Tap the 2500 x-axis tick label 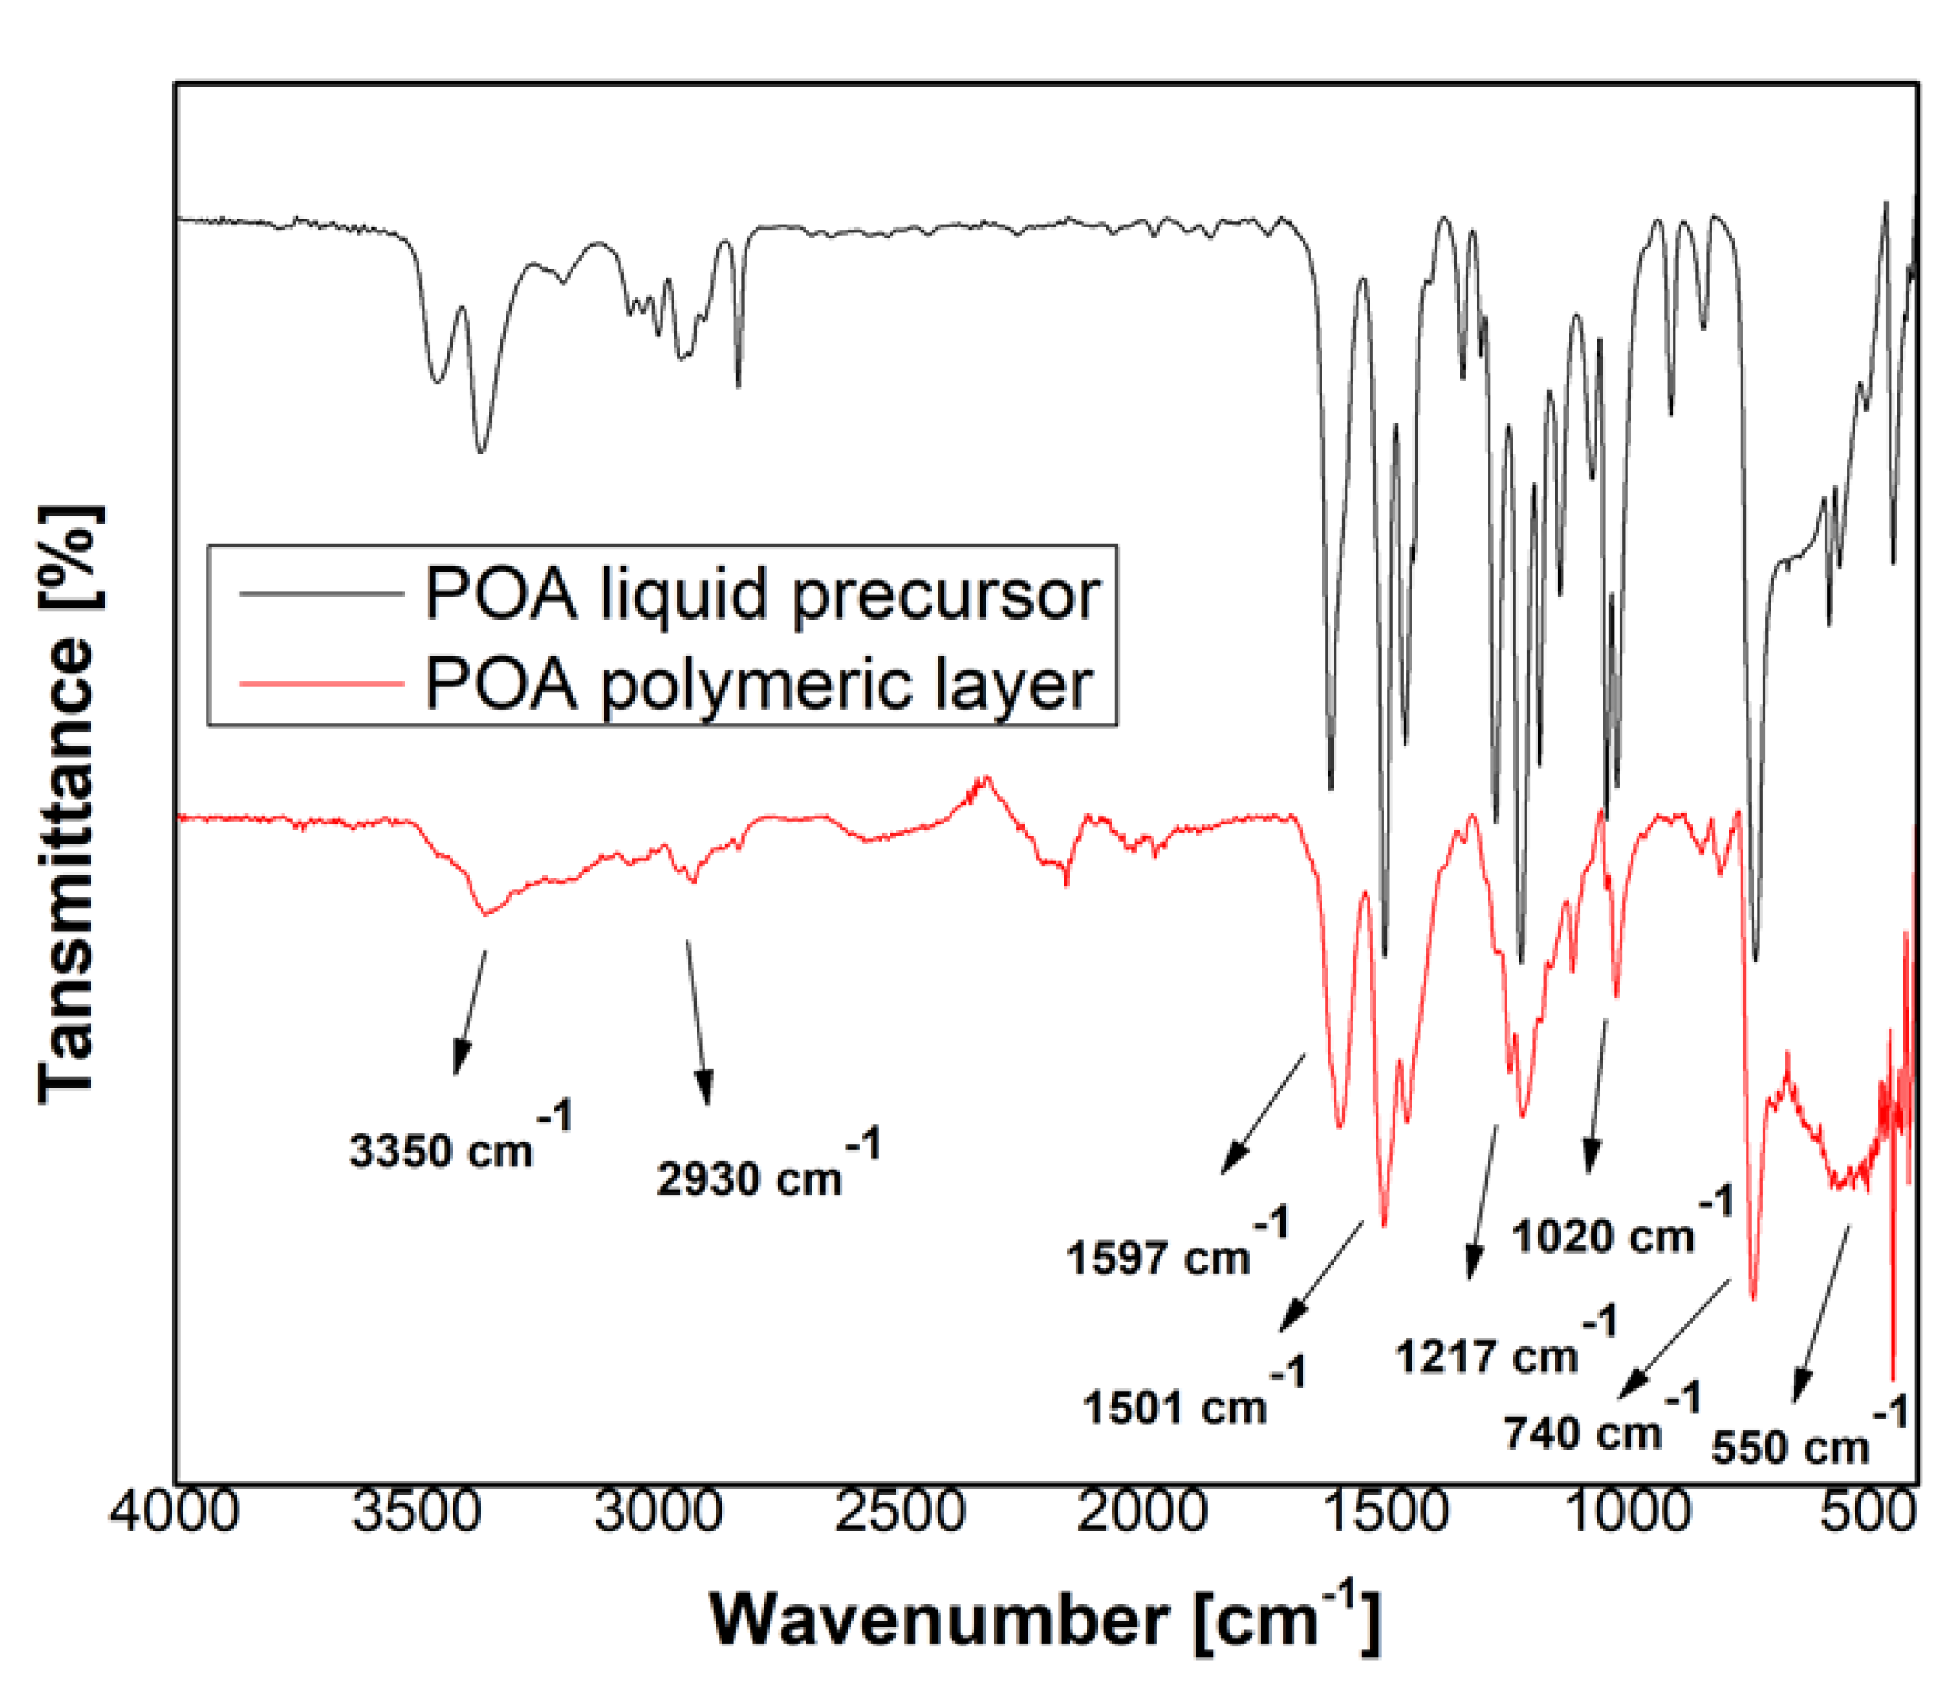click(x=899, y=1511)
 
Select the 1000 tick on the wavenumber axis click(x=1626, y=1511)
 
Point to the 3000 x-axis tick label click(x=658, y=1511)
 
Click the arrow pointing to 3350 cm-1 click(x=470, y=1012)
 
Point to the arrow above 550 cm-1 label click(x=1820, y=1315)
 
